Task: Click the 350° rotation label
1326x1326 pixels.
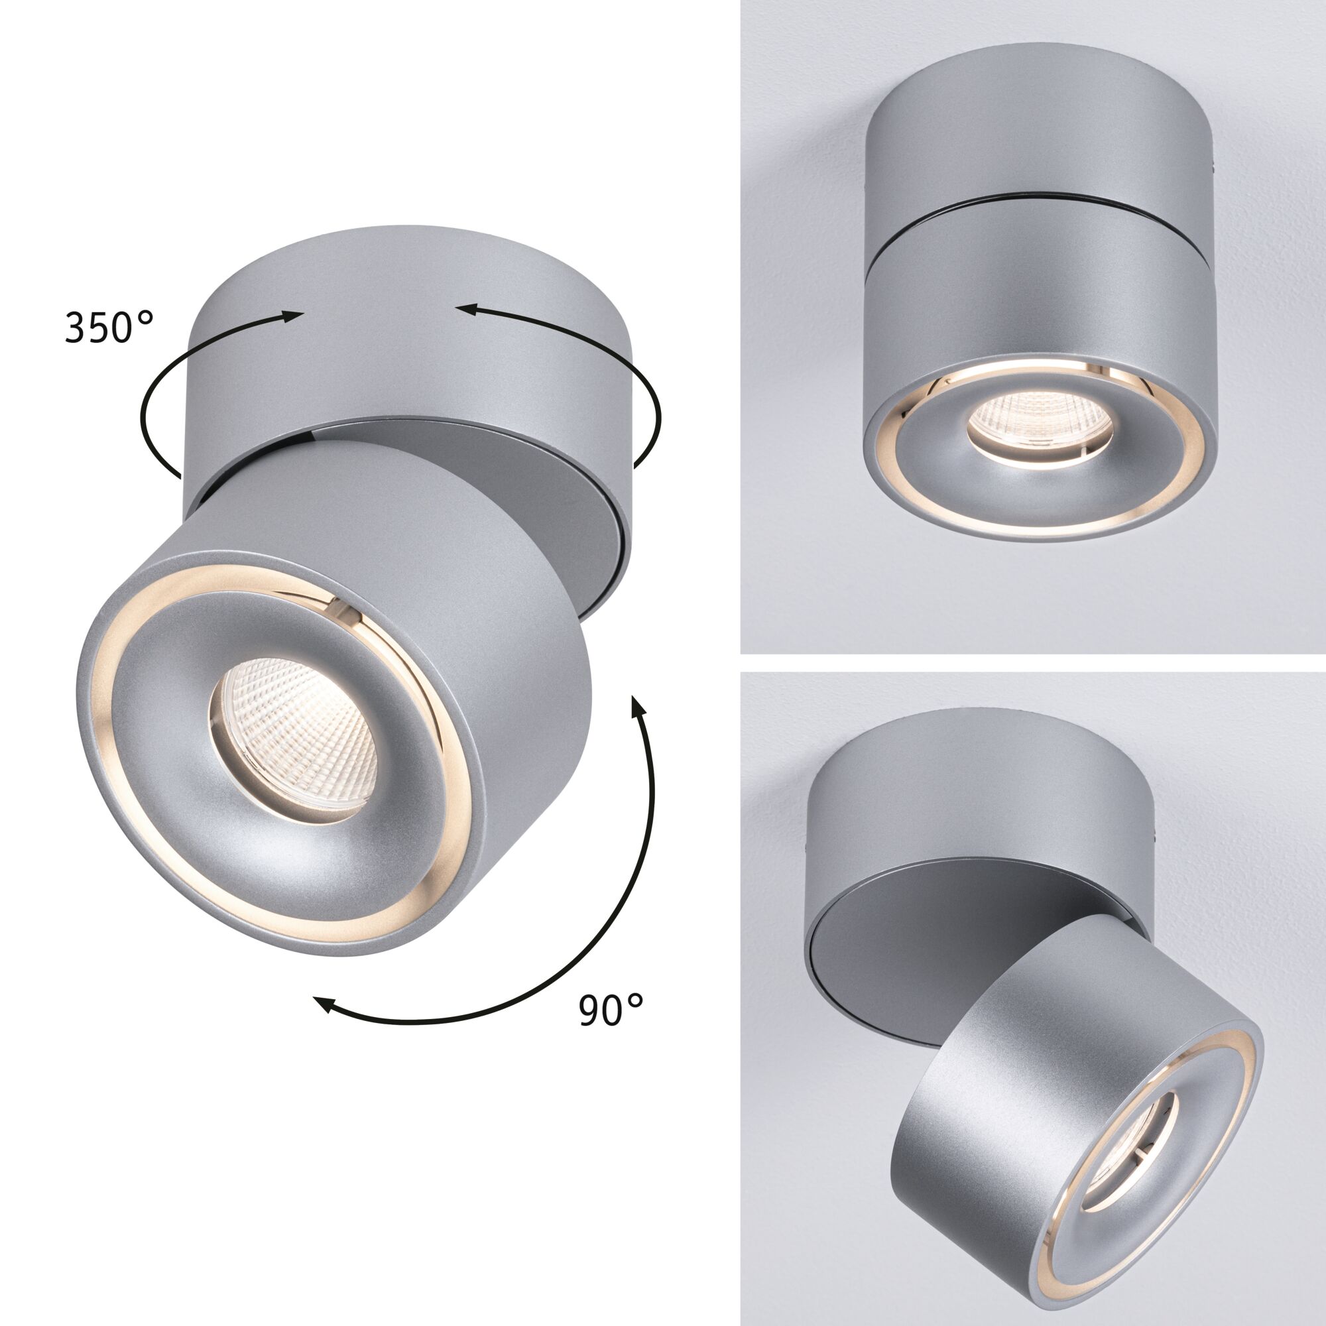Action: pyautogui.click(x=109, y=327)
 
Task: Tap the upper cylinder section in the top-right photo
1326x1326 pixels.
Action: pyautogui.click(x=1030, y=131)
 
